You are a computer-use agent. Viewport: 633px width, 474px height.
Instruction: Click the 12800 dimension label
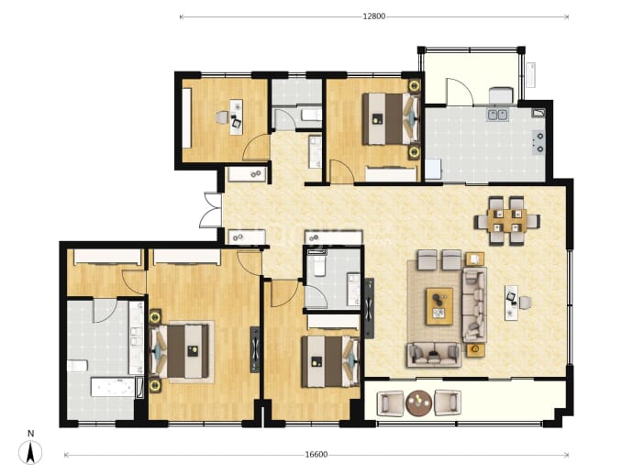point(373,17)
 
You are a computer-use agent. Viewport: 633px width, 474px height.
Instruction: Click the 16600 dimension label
point(316,455)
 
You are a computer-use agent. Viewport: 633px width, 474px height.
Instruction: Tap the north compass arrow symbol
point(30,452)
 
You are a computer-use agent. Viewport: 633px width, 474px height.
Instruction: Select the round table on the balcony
point(418,402)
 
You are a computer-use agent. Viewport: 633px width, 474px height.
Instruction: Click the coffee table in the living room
point(439,306)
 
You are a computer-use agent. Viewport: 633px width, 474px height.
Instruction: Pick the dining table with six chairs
point(507,221)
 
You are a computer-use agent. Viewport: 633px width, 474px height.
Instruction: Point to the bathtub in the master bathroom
point(113,387)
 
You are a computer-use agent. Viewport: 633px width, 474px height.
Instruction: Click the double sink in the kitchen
point(497,115)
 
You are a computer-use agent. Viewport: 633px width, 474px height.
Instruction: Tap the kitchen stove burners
point(539,142)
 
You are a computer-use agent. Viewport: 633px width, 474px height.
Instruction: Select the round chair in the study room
point(221,117)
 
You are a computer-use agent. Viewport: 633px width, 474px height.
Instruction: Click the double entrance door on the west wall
point(210,210)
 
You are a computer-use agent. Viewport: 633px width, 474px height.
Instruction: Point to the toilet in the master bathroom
point(77,366)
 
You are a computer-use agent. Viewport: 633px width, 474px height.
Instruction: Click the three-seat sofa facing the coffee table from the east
point(474,304)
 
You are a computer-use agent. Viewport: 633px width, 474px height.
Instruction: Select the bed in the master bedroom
point(179,351)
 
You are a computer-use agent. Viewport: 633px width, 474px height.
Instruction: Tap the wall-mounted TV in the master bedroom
point(255,349)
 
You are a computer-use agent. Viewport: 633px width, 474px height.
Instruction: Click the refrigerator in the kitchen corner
point(434,169)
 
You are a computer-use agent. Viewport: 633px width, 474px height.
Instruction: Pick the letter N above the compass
point(30,434)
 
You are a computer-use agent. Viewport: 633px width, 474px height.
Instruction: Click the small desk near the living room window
point(512,303)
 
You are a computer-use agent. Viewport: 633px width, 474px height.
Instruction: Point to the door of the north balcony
point(459,92)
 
